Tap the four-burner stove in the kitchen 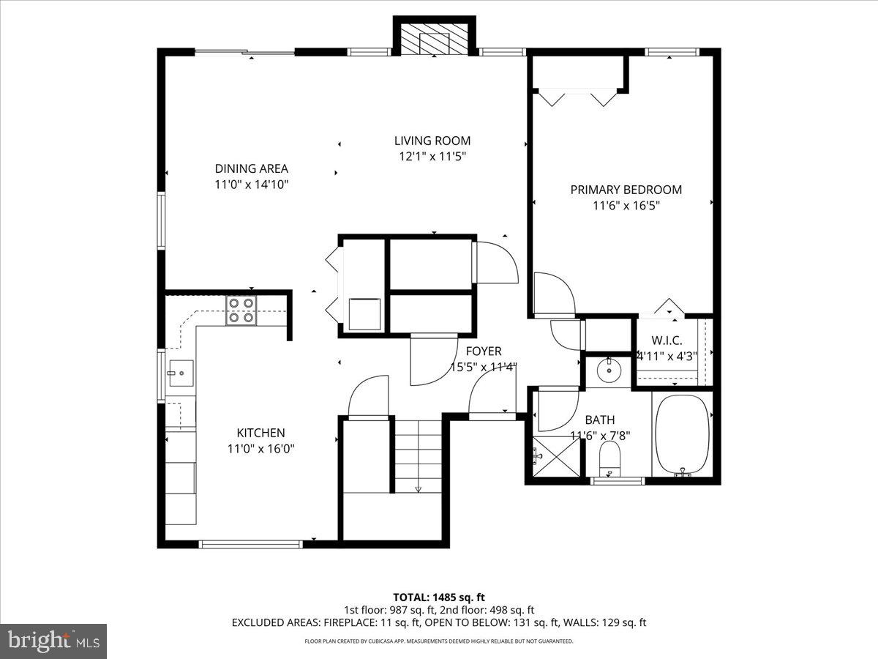[x=241, y=310]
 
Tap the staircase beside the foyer [x=419, y=454]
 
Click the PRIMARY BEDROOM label [x=626, y=190]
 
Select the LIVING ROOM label [x=432, y=141]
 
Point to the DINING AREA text [x=251, y=168]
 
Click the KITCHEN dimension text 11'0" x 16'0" [x=260, y=449]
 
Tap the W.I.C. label [x=667, y=341]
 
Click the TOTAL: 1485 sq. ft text [x=439, y=596]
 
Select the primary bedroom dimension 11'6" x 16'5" [x=626, y=206]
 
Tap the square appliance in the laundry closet [x=364, y=314]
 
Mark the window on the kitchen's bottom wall [x=250, y=544]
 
